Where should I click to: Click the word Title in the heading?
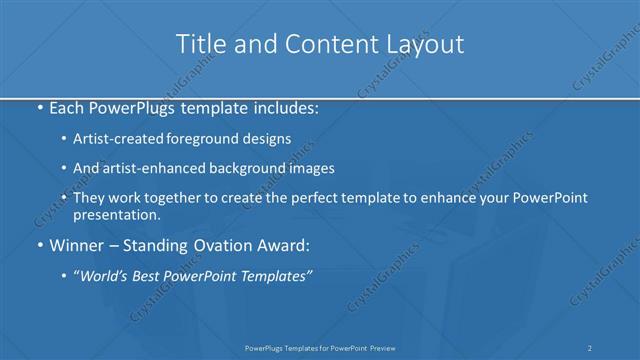(199, 44)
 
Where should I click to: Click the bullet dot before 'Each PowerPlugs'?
(38, 106)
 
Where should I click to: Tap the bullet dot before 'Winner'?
(38, 244)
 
